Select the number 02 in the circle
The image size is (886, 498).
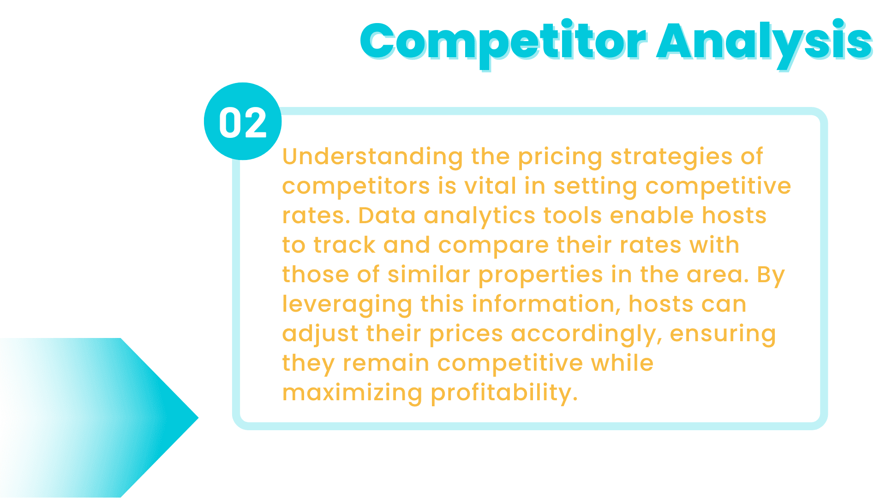[x=243, y=123]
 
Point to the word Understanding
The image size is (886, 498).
[x=372, y=157]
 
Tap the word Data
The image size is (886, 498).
[x=387, y=216]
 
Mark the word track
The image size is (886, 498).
[x=344, y=245]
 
